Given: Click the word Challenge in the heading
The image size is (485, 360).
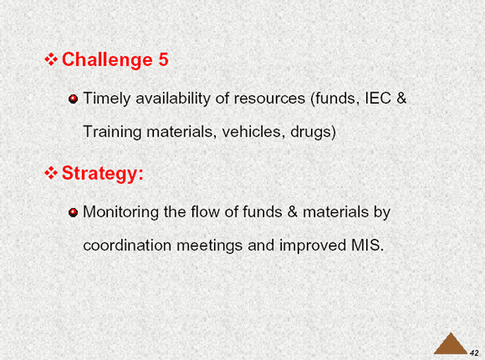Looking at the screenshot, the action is click(107, 60).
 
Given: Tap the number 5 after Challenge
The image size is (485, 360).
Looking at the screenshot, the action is click(164, 59).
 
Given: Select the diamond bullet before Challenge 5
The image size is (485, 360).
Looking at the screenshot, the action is click(51, 59).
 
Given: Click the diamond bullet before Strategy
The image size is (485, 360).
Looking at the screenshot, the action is click(51, 173).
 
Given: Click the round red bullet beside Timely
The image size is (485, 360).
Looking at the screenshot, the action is click(73, 99).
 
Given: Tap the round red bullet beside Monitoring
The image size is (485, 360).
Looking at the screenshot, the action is click(73, 213).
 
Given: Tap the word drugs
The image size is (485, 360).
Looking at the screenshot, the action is click(311, 132).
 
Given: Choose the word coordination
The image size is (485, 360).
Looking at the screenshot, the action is click(127, 245).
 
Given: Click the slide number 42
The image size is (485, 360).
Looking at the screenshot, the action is click(474, 353).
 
